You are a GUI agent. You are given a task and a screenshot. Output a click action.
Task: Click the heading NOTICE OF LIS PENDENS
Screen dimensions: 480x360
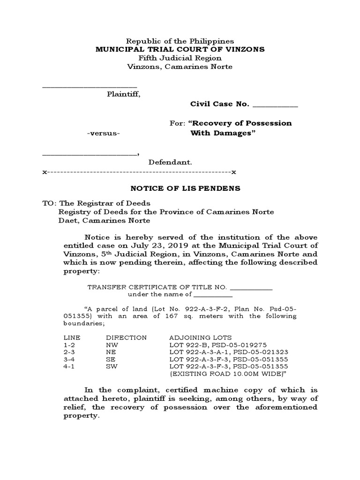(185, 188)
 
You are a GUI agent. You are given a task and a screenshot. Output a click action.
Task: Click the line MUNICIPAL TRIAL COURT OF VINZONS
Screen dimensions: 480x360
(180, 50)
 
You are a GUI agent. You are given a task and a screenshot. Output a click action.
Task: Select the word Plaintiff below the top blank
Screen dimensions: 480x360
(123, 94)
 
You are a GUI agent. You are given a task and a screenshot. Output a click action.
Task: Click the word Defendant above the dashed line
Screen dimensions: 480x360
(170, 162)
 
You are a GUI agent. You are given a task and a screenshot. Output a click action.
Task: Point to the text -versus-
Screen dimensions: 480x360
(104, 133)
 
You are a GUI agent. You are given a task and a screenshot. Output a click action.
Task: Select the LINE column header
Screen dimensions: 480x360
(71, 337)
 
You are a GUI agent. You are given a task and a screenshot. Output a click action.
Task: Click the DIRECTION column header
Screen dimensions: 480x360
(126, 337)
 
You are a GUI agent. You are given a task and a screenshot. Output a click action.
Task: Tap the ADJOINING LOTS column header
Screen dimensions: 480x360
(200, 337)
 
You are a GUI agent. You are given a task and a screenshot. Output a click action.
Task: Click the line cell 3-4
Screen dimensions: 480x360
(69, 359)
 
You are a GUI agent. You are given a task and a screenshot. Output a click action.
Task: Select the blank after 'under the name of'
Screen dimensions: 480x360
(213, 295)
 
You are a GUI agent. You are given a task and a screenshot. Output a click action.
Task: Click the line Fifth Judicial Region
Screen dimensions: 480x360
(180, 58)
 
